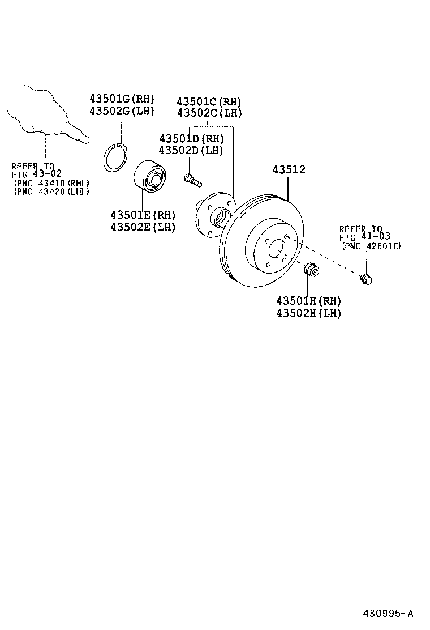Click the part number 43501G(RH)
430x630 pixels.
tap(122, 99)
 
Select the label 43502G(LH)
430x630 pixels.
tap(122, 110)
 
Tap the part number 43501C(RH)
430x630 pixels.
tap(209, 101)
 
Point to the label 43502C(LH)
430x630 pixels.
tap(209, 113)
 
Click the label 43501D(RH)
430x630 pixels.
tap(191, 139)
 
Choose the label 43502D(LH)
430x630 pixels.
tap(191, 150)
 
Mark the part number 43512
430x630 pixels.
tap(289, 169)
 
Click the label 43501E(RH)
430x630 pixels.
tap(143, 215)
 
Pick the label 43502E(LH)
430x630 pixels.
tap(143, 227)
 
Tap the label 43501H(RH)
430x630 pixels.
tap(308, 301)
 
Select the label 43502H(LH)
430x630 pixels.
tap(308, 313)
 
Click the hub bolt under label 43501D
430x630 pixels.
tap(192, 180)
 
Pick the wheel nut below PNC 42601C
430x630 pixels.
tap(367, 279)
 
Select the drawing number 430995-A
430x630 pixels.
tap(388, 614)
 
